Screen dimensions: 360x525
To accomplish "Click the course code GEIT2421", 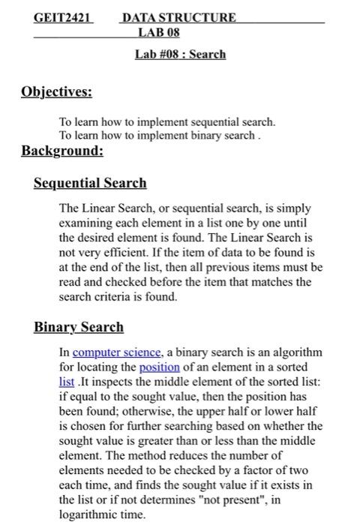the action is tap(61, 16).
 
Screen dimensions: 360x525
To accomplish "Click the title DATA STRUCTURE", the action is tap(178, 16).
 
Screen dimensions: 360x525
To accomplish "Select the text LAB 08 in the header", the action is tap(159, 31).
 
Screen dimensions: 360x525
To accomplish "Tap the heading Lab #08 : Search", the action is tap(180, 54).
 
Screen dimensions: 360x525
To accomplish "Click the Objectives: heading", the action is tap(56, 92).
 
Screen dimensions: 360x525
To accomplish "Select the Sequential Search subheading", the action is tap(90, 183).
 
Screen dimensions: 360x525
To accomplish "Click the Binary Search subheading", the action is tap(79, 327).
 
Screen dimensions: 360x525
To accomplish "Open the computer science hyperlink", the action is tap(117, 352).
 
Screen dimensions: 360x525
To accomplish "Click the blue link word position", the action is tap(160, 367).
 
